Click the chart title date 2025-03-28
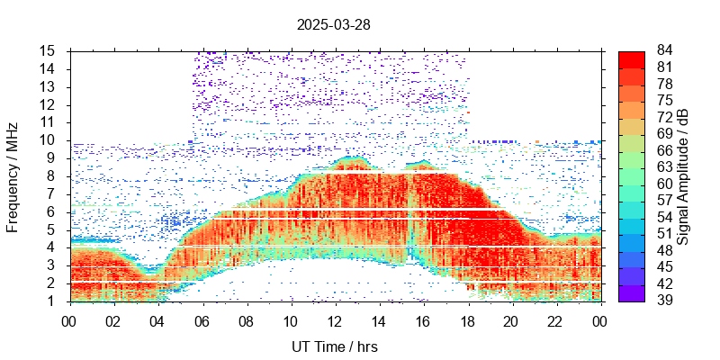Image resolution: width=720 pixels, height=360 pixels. click(333, 25)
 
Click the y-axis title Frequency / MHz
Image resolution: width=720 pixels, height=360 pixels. click(13, 175)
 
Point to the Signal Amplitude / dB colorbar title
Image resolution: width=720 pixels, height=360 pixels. click(684, 175)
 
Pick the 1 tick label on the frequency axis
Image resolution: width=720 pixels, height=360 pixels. click(52, 301)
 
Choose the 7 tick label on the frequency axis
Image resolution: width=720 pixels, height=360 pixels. click(52, 193)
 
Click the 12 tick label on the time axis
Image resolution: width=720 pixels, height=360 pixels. click(335, 320)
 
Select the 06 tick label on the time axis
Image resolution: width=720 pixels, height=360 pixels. click(202, 320)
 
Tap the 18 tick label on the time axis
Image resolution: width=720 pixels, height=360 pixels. click(467, 320)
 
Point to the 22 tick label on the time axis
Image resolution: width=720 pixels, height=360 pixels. click(555, 320)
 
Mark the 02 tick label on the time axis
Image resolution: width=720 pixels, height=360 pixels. click(113, 320)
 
